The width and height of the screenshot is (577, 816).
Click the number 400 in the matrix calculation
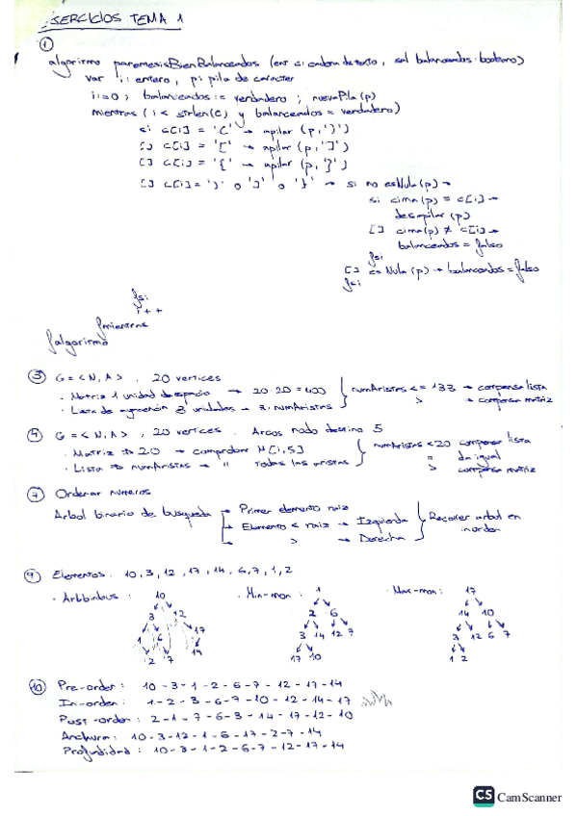click(x=323, y=391)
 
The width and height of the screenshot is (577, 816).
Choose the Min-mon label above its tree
click(x=272, y=594)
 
